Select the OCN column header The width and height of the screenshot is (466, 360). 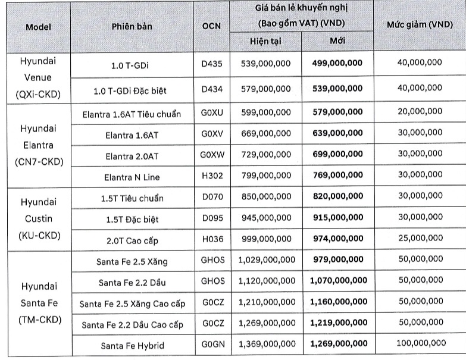(211, 27)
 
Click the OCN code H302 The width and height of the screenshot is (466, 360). (211, 177)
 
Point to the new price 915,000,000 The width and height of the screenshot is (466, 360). (337, 218)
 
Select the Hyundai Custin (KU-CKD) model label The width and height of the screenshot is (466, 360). (39, 218)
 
